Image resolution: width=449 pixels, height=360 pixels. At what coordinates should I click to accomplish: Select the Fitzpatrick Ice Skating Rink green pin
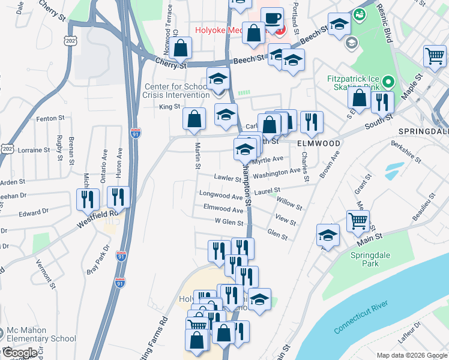click(388, 81)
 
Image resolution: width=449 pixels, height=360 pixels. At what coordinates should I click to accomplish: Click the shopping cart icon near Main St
click(358, 220)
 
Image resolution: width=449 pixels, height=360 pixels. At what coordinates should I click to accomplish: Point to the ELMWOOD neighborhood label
click(319, 144)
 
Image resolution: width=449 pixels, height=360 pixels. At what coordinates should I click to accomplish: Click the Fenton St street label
click(50, 119)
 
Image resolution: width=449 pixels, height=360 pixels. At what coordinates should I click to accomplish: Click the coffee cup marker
click(272, 17)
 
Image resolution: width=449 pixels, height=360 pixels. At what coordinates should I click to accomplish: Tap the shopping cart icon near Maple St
click(435, 56)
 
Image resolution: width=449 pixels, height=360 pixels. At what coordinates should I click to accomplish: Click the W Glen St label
click(229, 222)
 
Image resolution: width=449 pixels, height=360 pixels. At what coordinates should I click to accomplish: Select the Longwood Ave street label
click(221, 196)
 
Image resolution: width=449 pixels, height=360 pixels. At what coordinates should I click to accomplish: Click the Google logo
click(20, 353)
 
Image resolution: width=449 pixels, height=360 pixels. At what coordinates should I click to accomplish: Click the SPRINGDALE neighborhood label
click(423, 131)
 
